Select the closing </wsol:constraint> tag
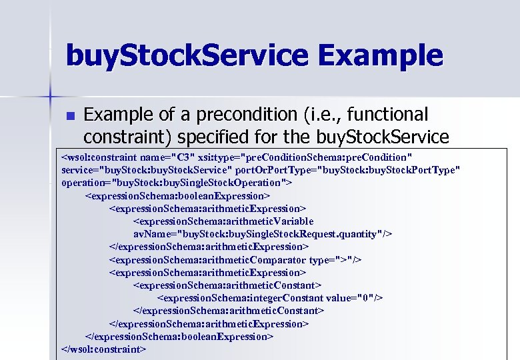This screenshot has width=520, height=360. click(103, 349)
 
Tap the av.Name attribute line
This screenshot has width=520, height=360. click(263, 234)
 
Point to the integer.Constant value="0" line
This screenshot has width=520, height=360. click(270, 298)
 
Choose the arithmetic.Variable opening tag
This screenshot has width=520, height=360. click(223, 221)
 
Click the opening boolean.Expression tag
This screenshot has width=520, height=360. click(177, 196)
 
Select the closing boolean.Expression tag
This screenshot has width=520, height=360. click(179, 336)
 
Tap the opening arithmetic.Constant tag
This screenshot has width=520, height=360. click(228, 285)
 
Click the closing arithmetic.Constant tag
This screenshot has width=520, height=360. click(229, 311)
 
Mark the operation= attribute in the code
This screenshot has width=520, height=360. click(176, 183)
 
